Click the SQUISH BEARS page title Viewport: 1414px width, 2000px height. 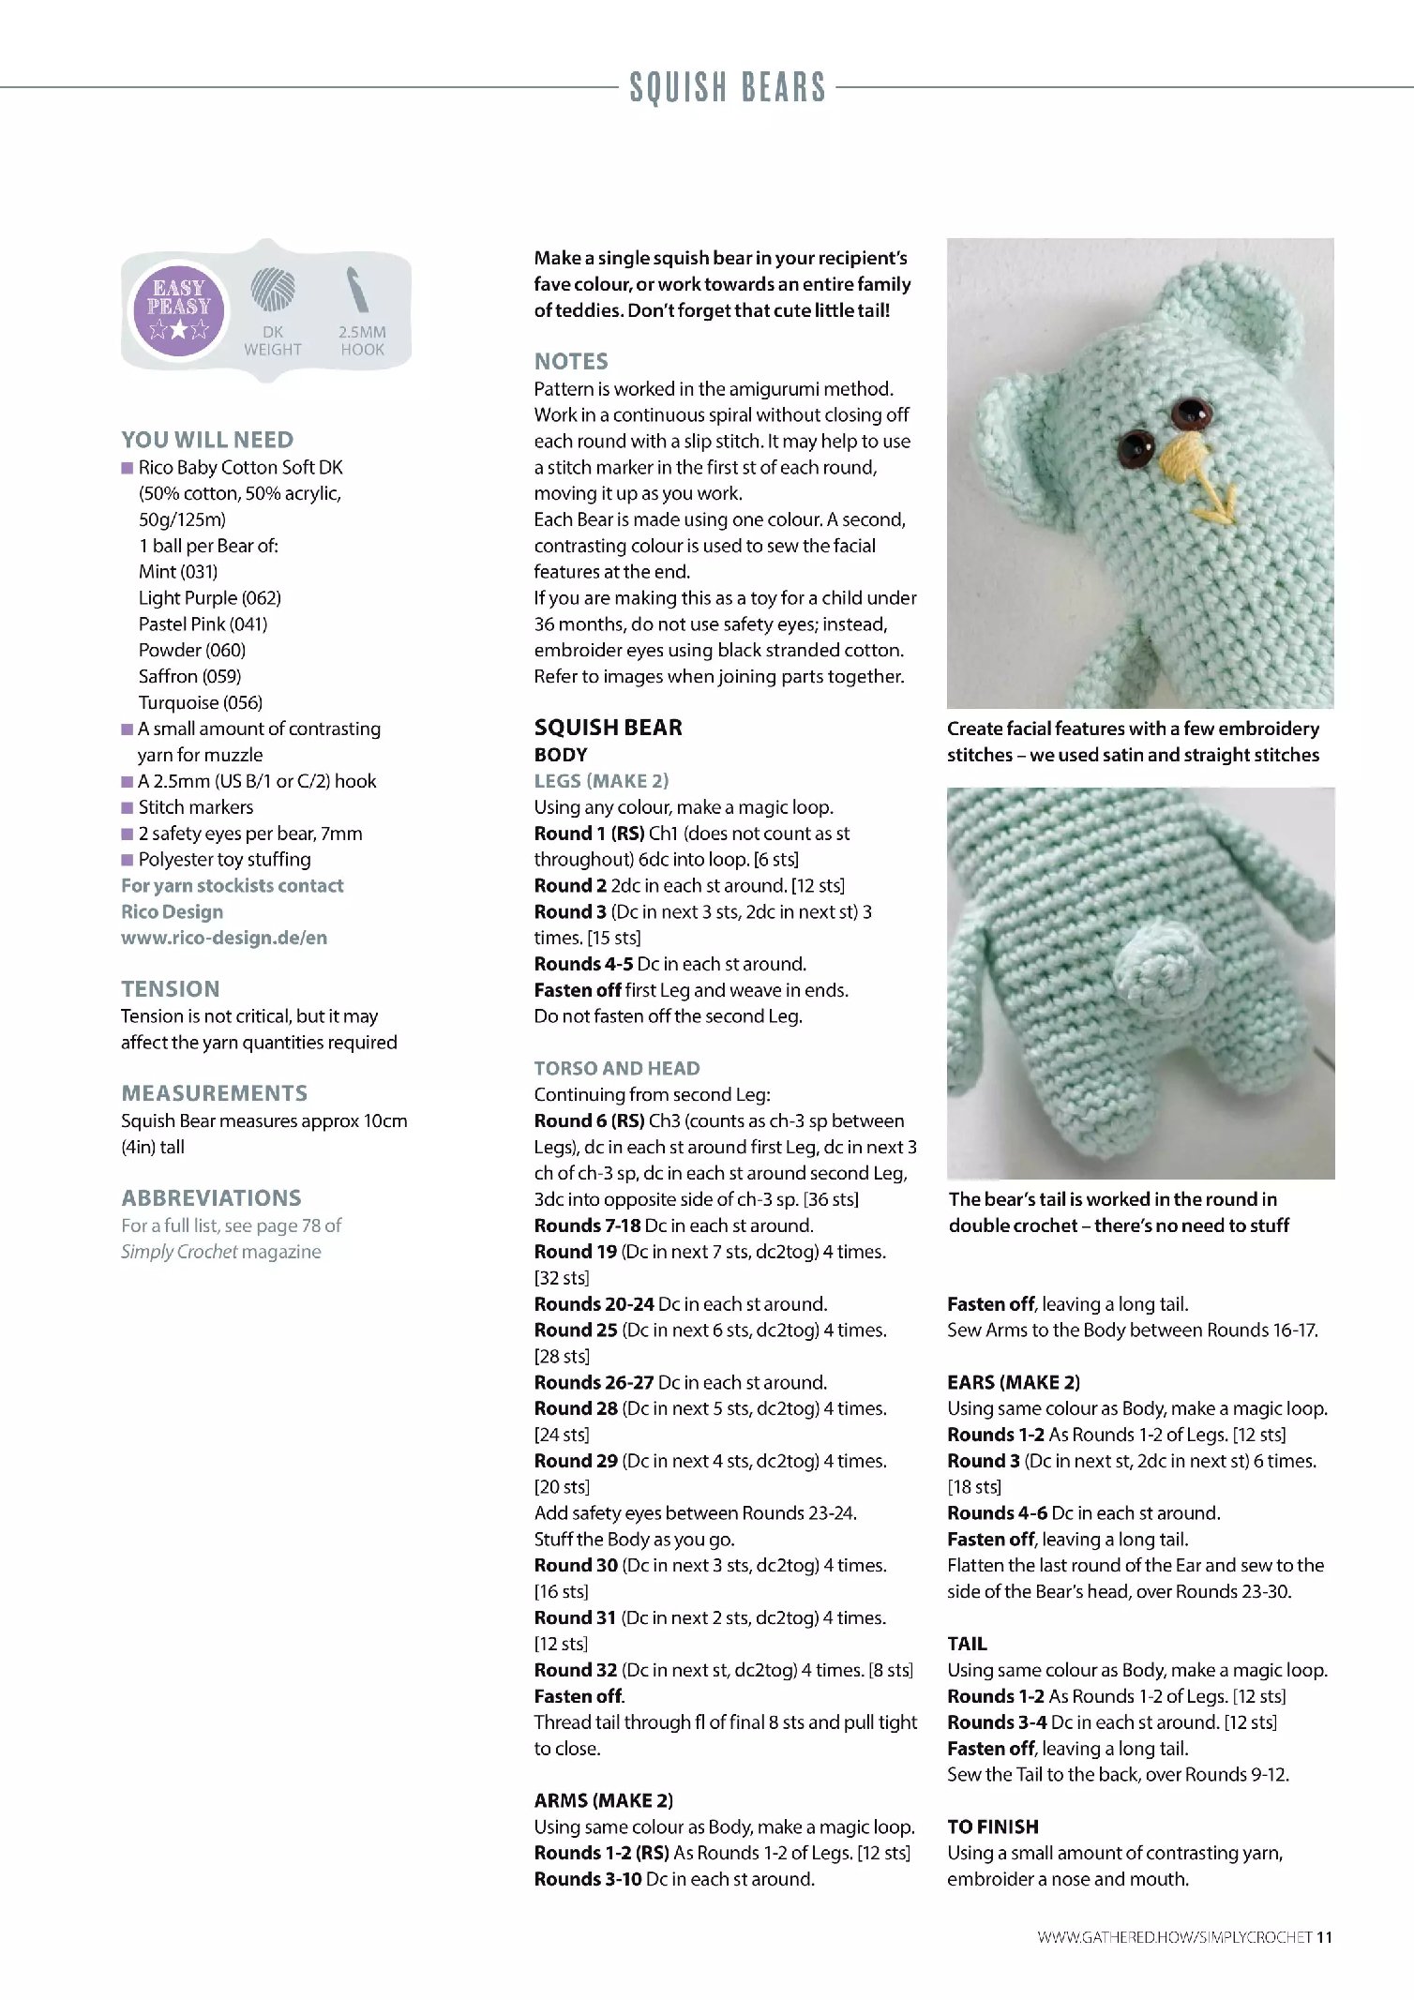point(728,88)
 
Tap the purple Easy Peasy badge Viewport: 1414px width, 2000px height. point(178,308)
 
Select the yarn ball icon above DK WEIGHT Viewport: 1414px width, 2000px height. point(273,289)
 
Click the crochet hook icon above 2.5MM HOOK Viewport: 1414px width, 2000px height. point(359,290)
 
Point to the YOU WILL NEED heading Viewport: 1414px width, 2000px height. point(207,440)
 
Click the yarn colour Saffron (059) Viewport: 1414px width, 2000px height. point(189,676)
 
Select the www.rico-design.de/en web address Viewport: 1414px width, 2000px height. point(224,938)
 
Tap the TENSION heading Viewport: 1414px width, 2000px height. point(171,988)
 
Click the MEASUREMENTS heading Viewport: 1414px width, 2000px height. point(214,1093)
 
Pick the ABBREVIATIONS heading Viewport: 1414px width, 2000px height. point(211,1197)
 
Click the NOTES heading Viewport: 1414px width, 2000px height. point(571,362)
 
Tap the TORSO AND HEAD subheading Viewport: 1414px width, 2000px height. point(617,1068)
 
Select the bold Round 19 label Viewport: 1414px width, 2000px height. point(576,1252)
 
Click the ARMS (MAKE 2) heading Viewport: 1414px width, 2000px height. point(604,1800)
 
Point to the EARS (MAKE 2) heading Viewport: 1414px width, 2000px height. point(1014,1382)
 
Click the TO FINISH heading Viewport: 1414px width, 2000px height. point(993,1827)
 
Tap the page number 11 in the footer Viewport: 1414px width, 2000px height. point(1324,1937)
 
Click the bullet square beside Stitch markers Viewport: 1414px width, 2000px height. point(128,807)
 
